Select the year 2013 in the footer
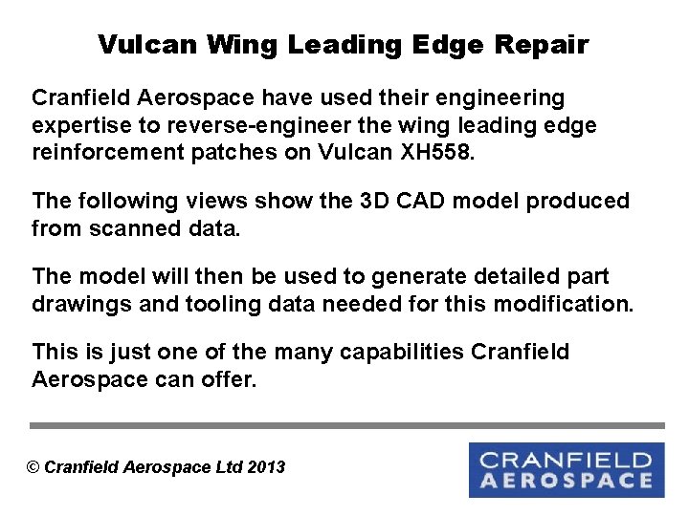pos(266,467)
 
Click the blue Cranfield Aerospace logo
pos(567,469)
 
